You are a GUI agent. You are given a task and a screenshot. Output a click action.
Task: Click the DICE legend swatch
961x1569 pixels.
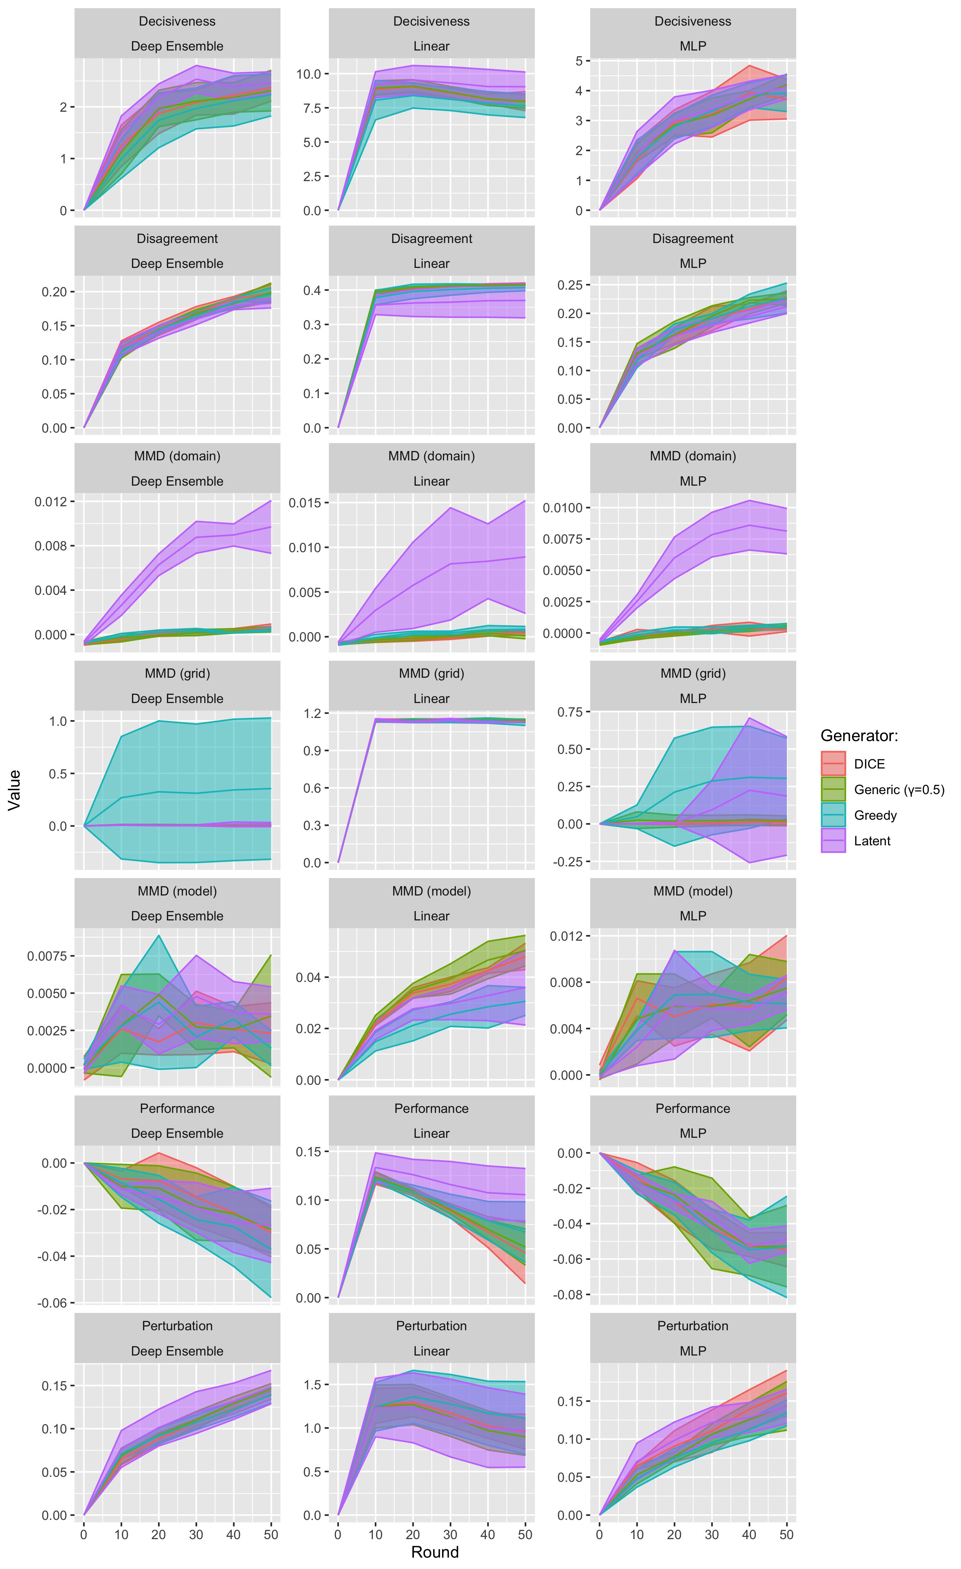click(x=833, y=764)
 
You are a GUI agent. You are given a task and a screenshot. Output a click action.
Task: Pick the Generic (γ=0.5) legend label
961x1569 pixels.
click(x=899, y=789)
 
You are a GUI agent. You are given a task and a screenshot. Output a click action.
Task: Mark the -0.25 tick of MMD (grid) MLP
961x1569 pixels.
click(x=569, y=862)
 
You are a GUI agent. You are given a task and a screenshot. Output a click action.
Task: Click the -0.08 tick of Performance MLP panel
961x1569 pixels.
click(x=566, y=1295)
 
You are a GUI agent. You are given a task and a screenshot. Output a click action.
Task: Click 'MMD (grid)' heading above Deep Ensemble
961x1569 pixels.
click(x=177, y=674)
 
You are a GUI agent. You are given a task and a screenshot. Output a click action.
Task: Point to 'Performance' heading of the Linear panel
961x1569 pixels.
click(x=431, y=1109)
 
